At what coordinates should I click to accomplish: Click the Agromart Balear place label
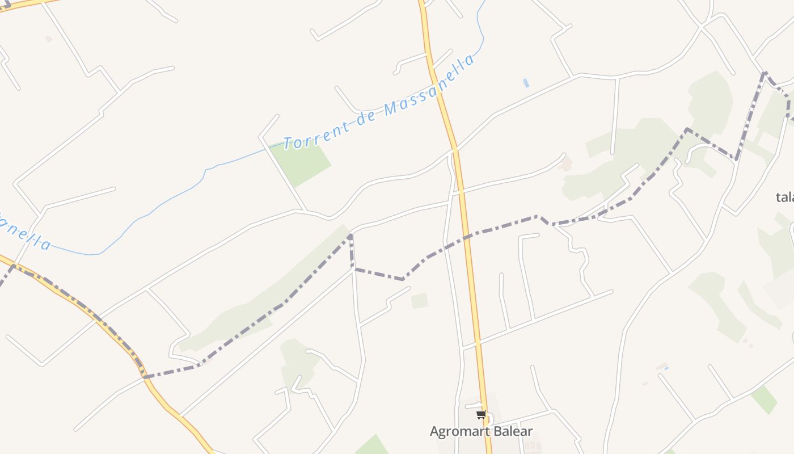(481, 431)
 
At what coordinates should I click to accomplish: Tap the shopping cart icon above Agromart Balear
(481, 415)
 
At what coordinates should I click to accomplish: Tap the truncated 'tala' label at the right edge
(784, 197)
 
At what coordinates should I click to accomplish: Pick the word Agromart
(457, 432)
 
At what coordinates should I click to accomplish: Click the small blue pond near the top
(526, 83)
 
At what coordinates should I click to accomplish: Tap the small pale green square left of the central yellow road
(419, 301)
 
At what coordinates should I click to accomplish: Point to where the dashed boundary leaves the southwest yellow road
(145, 376)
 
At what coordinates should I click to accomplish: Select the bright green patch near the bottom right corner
(764, 400)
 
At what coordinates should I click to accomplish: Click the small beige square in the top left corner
(49, 39)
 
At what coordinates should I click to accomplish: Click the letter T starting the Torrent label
(288, 142)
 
